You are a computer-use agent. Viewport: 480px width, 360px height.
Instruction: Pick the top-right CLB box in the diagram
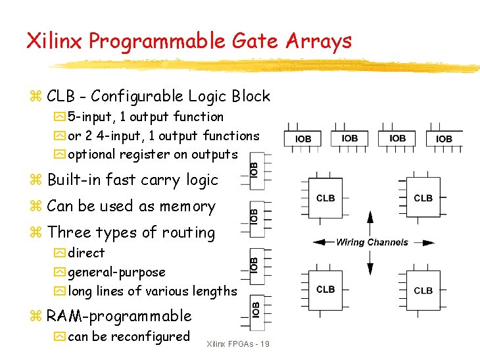tap(423, 198)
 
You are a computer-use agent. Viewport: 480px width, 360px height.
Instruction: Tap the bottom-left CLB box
tap(325, 290)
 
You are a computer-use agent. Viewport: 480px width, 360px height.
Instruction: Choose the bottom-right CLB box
tap(423, 290)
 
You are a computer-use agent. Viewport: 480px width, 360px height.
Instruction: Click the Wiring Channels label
tap(372, 242)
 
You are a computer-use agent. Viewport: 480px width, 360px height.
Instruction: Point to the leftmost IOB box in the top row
tap(303, 139)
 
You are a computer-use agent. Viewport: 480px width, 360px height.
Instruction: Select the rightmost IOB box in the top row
tap(444, 139)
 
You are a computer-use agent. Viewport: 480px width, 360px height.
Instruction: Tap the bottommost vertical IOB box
tap(255, 307)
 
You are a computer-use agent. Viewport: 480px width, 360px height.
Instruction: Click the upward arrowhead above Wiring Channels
tap(370, 218)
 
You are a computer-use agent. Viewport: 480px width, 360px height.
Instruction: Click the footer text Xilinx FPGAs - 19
tap(237, 344)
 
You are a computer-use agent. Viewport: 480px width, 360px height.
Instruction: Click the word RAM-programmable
tap(119, 316)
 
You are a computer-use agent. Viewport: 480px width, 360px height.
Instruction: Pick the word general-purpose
tap(116, 272)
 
